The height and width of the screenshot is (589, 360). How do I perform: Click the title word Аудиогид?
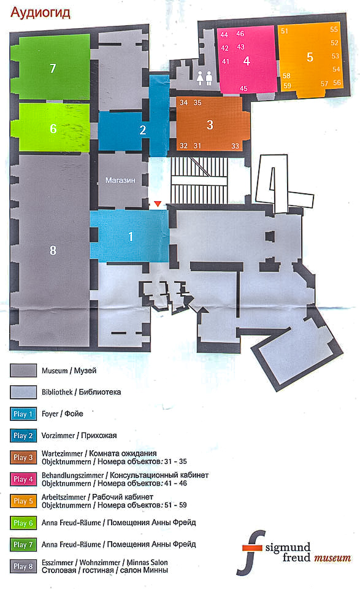40,13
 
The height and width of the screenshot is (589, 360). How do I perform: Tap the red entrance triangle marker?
158,204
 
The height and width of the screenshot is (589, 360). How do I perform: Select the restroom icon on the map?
205,77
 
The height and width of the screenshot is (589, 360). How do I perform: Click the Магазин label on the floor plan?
120,180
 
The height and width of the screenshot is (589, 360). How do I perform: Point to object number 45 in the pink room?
243,88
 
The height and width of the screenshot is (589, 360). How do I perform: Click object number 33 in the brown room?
235,146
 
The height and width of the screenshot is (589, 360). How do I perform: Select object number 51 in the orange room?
285,31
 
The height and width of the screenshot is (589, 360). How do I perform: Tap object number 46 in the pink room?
240,34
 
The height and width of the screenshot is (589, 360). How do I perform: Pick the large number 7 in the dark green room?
53,68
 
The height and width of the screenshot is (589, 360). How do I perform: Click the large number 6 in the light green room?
53,128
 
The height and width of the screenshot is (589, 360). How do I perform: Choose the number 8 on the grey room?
53,250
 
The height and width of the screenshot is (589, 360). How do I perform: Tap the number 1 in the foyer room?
131,236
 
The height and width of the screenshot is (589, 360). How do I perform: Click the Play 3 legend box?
23,457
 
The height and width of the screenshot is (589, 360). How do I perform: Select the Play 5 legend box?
23,501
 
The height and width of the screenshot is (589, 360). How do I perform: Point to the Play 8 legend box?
23,566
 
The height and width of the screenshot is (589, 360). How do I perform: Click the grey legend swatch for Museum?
23,371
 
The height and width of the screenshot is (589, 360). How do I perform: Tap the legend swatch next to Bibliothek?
23,392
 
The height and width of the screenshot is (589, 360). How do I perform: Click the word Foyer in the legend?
50,414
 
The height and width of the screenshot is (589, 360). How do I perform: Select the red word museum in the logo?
332,558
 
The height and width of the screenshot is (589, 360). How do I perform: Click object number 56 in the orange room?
337,83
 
